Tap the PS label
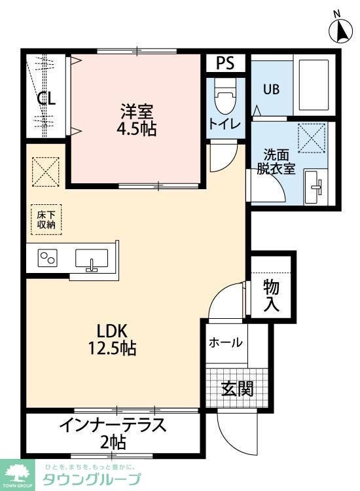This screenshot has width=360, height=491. point(225,64)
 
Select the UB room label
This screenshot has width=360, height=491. point(272,90)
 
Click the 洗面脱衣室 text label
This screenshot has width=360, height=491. point(276,162)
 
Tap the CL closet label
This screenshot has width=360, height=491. point(46,99)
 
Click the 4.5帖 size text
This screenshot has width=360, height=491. point(136,128)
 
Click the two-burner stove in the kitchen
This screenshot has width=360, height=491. point(48,259)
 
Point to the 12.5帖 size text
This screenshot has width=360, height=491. point(112,348)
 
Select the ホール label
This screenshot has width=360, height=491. point(226,342)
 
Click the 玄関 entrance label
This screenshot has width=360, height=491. point(236,389)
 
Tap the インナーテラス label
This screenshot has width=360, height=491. point(113,425)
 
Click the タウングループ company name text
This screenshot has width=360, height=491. point(92,480)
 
